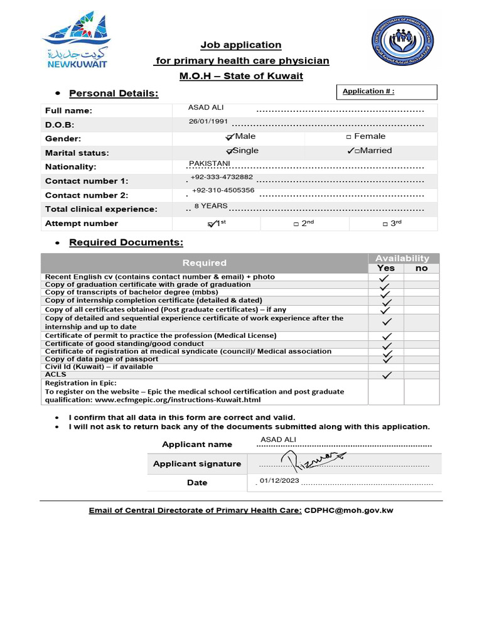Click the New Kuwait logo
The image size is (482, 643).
tap(75, 39)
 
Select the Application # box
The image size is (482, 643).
tap(387, 92)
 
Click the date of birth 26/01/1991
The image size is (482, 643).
tap(208, 121)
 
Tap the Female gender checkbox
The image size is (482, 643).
tap(349, 137)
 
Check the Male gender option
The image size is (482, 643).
tap(230, 137)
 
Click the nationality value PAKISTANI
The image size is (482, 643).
tap(210, 164)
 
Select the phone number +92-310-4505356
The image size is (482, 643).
tap(223, 190)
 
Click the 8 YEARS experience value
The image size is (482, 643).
tap(211, 206)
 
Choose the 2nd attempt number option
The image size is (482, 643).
tap(296, 224)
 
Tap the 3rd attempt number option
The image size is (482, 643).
tap(384, 224)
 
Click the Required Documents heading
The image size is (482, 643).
tap(126, 242)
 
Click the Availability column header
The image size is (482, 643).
tap(402, 258)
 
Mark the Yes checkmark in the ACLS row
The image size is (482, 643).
tap(387, 376)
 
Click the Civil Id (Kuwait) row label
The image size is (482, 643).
tap(99, 367)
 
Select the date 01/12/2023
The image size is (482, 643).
tap(279, 481)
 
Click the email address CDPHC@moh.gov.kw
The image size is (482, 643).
tap(348, 511)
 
